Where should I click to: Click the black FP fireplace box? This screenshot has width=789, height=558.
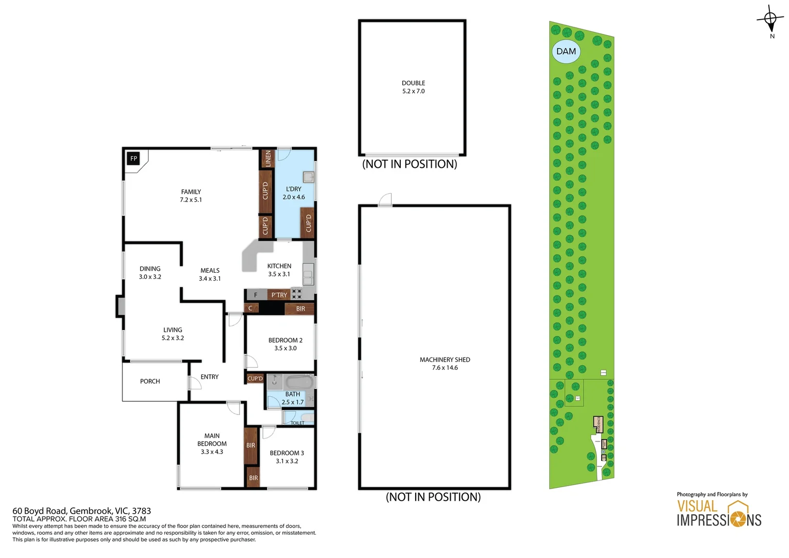pyautogui.click(x=133, y=159)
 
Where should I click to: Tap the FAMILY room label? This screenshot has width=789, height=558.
pyautogui.click(x=191, y=192)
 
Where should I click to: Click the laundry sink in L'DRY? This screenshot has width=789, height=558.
pyautogui.click(x=308, y=177)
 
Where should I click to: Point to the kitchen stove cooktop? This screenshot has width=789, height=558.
pyautogui.click(x=296, y=294)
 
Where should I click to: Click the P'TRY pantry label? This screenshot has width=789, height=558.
pyautogui.click(x=279, y=295)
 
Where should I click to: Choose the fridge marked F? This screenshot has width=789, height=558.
pyautogui.click(x=256, y=295)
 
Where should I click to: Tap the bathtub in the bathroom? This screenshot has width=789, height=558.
pyautogui.click(x=299, y=383)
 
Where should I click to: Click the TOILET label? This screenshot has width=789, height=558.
pyautogui.click(x=297, y=423)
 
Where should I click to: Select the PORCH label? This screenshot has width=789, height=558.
pyautogui.click(x=150, y=381)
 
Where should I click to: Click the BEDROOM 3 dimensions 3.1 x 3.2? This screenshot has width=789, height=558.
pyautogui.click(x=287, y=461)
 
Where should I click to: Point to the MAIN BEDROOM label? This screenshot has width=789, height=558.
pyautogui.click(x=212, y=440)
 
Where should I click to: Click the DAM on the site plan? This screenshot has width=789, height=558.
pyautogui.click(x=566, y=52)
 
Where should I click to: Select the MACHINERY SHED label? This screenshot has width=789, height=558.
pyautogui.click(x=445, y=360)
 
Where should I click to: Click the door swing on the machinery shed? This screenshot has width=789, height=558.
pyautogui.click(x=385, y=200)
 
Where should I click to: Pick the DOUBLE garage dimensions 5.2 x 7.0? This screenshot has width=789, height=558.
pyautogui.click(x=413, y=91)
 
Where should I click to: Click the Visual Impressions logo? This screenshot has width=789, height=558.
pyautogui.click(x=719, y=514)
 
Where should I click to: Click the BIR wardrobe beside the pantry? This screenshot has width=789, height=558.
pyautogui.click(x=300, y=309)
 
